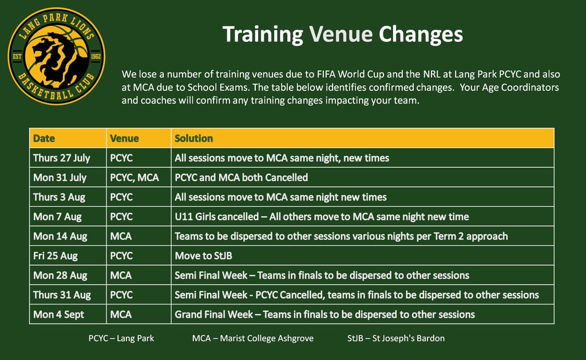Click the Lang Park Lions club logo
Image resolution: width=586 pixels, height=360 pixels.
57,56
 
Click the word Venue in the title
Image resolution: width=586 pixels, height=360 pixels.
340,34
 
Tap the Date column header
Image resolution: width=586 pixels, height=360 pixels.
44,139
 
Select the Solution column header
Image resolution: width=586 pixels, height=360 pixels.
193,139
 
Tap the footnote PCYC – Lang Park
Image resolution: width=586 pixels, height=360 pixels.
121,338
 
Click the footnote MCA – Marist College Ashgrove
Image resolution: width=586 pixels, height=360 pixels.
253,338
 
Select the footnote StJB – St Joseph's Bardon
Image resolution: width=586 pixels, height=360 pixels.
396,338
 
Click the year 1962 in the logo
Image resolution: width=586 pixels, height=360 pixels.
96,57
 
